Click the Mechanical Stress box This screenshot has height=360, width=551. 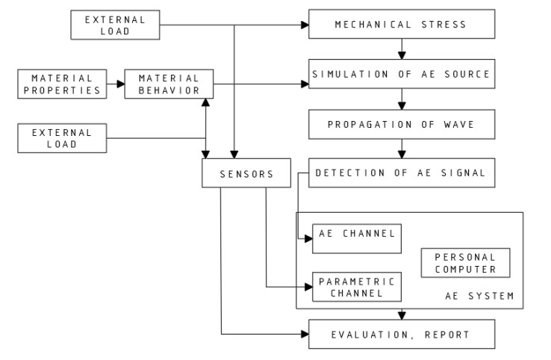pos(402,25)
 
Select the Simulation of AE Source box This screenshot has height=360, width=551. pos(402,74)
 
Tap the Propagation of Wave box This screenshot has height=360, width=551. pos(402,124)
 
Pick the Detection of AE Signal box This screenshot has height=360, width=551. pos(402,173)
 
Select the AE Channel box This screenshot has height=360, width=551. pos(356,238)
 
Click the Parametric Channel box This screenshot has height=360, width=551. pos(356,287)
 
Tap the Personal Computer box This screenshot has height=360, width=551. pos(465,263)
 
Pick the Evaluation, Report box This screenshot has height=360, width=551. pos(402,335)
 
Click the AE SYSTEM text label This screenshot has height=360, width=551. pos(479,297)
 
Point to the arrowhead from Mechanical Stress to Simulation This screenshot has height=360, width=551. pos(402,56)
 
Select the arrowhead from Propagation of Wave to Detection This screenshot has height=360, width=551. pos(402,155)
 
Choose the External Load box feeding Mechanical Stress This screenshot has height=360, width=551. pos(115,25)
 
